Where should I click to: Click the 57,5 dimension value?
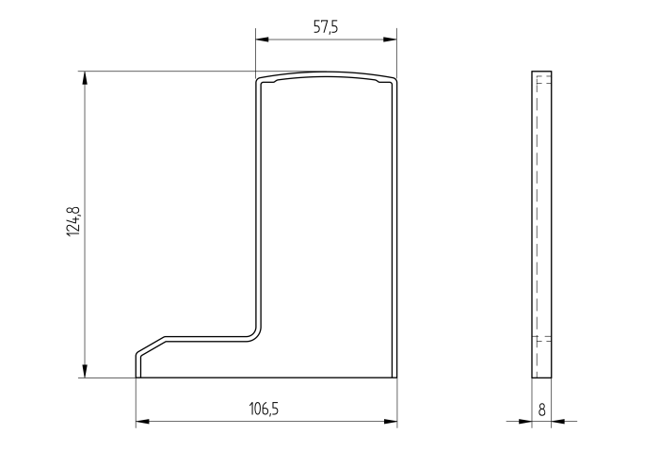[x=326, y=27]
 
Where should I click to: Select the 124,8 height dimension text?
[x=73, y=221]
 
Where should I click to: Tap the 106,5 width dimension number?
[x=264, y=409]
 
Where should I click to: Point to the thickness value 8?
[x=542, y=410]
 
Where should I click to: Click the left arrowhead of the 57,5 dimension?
[x=263, y=40]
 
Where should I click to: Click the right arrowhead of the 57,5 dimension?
[x=390, y=40]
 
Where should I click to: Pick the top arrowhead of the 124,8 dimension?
[x=85, y=78]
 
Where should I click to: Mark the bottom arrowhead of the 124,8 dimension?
[x=85, y=371]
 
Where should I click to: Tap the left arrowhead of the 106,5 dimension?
[x=142, y=421]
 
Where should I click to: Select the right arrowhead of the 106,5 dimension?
[x=391, y=421]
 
